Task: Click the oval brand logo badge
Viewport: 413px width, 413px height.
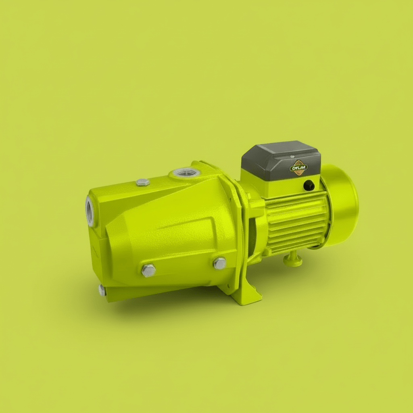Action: (299, 167)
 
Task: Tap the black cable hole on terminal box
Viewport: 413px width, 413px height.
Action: (309, 185)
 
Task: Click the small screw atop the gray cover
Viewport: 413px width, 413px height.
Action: (292, 156)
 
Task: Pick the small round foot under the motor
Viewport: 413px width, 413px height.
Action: (293, 260)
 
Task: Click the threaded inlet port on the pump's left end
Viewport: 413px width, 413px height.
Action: (90, 211)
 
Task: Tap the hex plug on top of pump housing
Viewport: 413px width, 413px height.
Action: (143, 182)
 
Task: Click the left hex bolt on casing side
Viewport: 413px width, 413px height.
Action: (148, 270)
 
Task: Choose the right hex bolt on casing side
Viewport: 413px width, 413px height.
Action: (220, 263)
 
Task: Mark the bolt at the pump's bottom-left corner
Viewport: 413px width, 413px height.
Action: (102, 290)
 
